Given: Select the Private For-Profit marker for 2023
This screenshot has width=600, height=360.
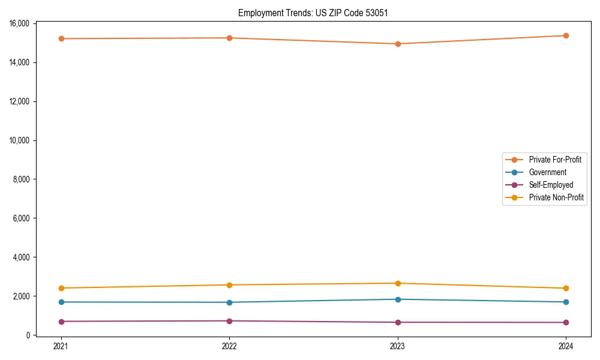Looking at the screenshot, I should [x=398, y=44].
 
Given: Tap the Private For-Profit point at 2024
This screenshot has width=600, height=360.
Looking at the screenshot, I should [x=566, y=35].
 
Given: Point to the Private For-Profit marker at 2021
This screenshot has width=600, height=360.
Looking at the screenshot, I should [x=61, y=38].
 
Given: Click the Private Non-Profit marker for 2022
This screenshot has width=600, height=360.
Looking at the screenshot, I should [x=229, y=285].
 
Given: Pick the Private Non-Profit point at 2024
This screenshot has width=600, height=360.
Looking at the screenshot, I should [x=566, y=288].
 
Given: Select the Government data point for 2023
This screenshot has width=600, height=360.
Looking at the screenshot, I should [x=398, y=299].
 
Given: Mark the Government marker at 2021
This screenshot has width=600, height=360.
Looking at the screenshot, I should [x=61, y=302].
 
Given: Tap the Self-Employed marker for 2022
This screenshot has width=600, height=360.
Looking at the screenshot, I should [x=229, y=321].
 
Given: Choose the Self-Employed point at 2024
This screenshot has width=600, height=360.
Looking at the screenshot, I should [x=566, y=322].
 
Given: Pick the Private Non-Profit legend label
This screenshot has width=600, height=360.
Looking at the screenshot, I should [x=556, y=197].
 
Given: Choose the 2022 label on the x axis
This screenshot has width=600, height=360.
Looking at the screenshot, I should [x=229, y=346].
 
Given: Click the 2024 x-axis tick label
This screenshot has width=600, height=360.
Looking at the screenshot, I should [x=566, y=346].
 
